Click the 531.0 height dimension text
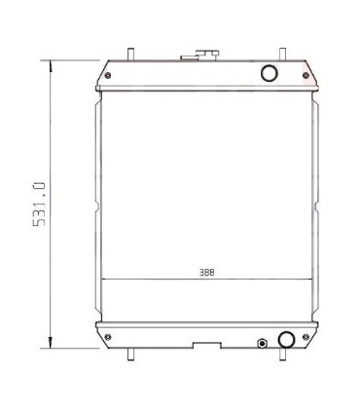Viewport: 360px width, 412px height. pyautogui.click(x=40, y=203)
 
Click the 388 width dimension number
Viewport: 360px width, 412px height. pyautogui.click(x=207, y=274)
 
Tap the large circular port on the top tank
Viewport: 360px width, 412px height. pyautogui.click(x=270, y=73)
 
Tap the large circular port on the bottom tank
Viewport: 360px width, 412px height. pyautogui.click(x=286, y=339)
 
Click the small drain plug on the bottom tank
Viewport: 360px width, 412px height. pyautogui.click(x=261, y=342)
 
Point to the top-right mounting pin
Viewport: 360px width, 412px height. pyautogui.click(x=282, y=53)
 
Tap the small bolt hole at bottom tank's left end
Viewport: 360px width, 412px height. pyautogui.click(x=107, y=333)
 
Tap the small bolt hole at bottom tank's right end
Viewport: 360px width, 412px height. pyautogui.click(x=306, y=333)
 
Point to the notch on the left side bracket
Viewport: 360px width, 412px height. pyautogui.click(x=97, y=205)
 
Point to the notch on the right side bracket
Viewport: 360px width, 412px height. pyautogui.click(x=317, y=205)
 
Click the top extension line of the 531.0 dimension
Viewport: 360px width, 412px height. pyautogui.click(x=73, y=59)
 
